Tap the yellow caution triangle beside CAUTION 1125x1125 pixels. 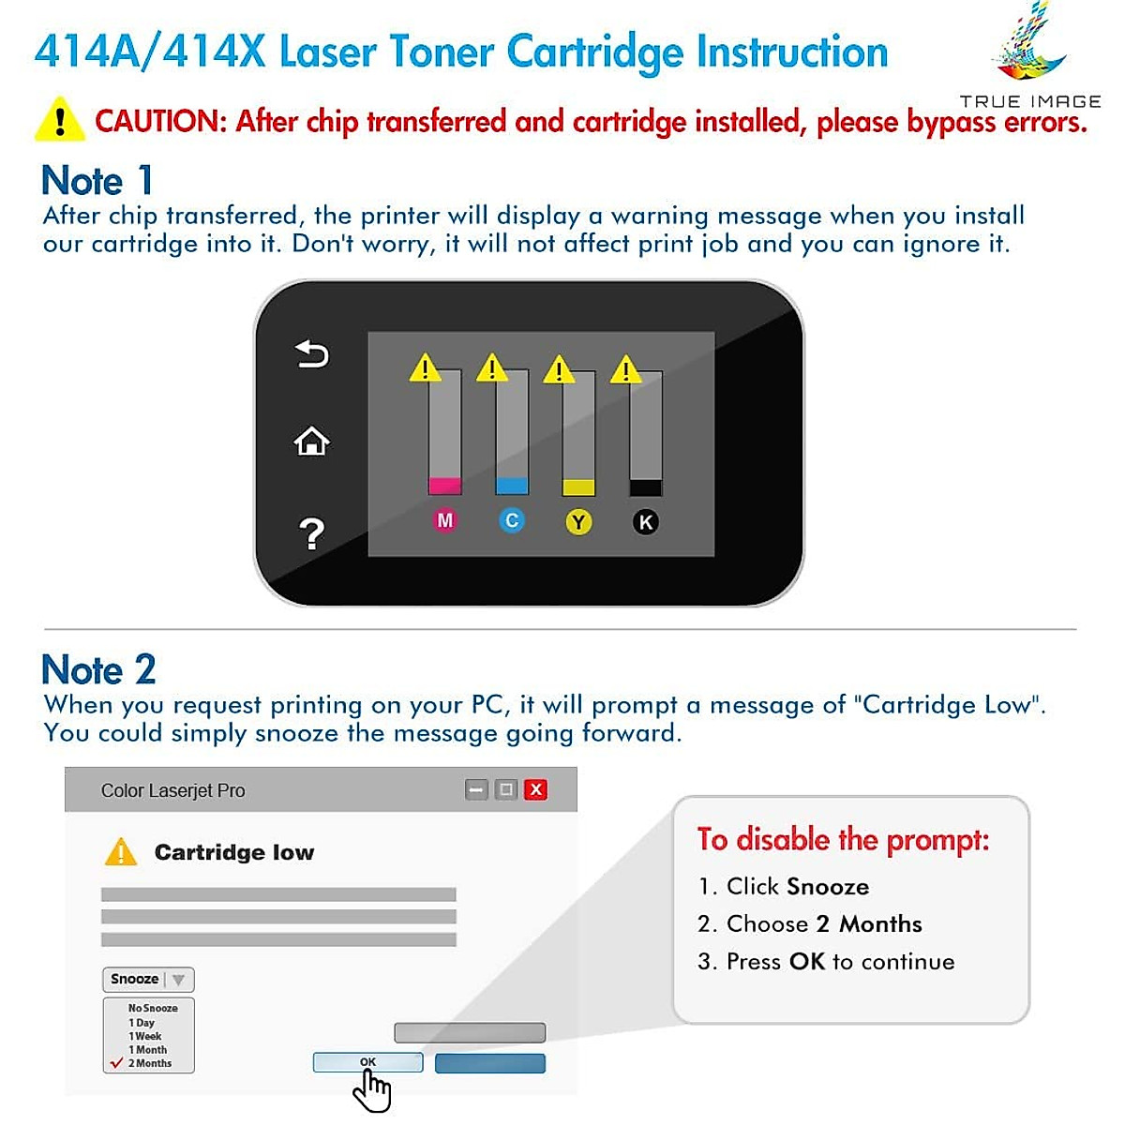pyautogui.click(x=59, y=121)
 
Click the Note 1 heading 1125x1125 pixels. pyautogui.click(x=97, y=180)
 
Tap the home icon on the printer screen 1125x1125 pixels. pyautogui.click(x=311, y=441)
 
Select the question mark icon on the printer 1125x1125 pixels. pyautogui.click(x=311, y=533)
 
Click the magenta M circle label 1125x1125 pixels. pyautogui.click(x=444, y=520)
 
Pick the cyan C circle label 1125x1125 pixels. pyautogui.click(x=511, y=520)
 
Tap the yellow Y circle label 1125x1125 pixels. pyautogui.click(x=578, y=522)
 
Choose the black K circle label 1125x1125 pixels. pyautogui.click(x=645, y=522)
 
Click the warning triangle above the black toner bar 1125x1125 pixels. pyautogui.click(x=625, y=370)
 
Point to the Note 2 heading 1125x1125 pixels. pyautogui.click(x=98, y=669)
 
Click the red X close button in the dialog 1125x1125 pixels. pyautogui.click(x=535, y=789)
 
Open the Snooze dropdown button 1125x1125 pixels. pyautogui.click(x=148, y=979)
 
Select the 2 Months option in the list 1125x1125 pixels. pyautogui.click(x=150, y=1063)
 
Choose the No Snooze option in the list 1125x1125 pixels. pyautogui.click(x=153, y=1008)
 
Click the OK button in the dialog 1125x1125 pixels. pyautogui.click(x=367, y=1062)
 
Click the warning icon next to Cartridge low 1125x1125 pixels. pyautogui.click(x=121, y=852)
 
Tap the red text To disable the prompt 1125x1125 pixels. pyautogui.click(x=843, y=839)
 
